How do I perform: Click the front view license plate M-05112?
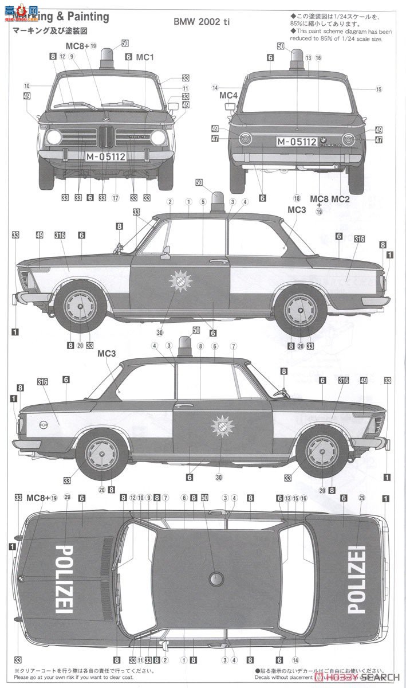point(106,156)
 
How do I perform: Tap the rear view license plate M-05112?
point(297,141)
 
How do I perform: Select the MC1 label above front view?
point(145,57)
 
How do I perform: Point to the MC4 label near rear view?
point(228,95)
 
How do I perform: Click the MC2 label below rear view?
point(340,199)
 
